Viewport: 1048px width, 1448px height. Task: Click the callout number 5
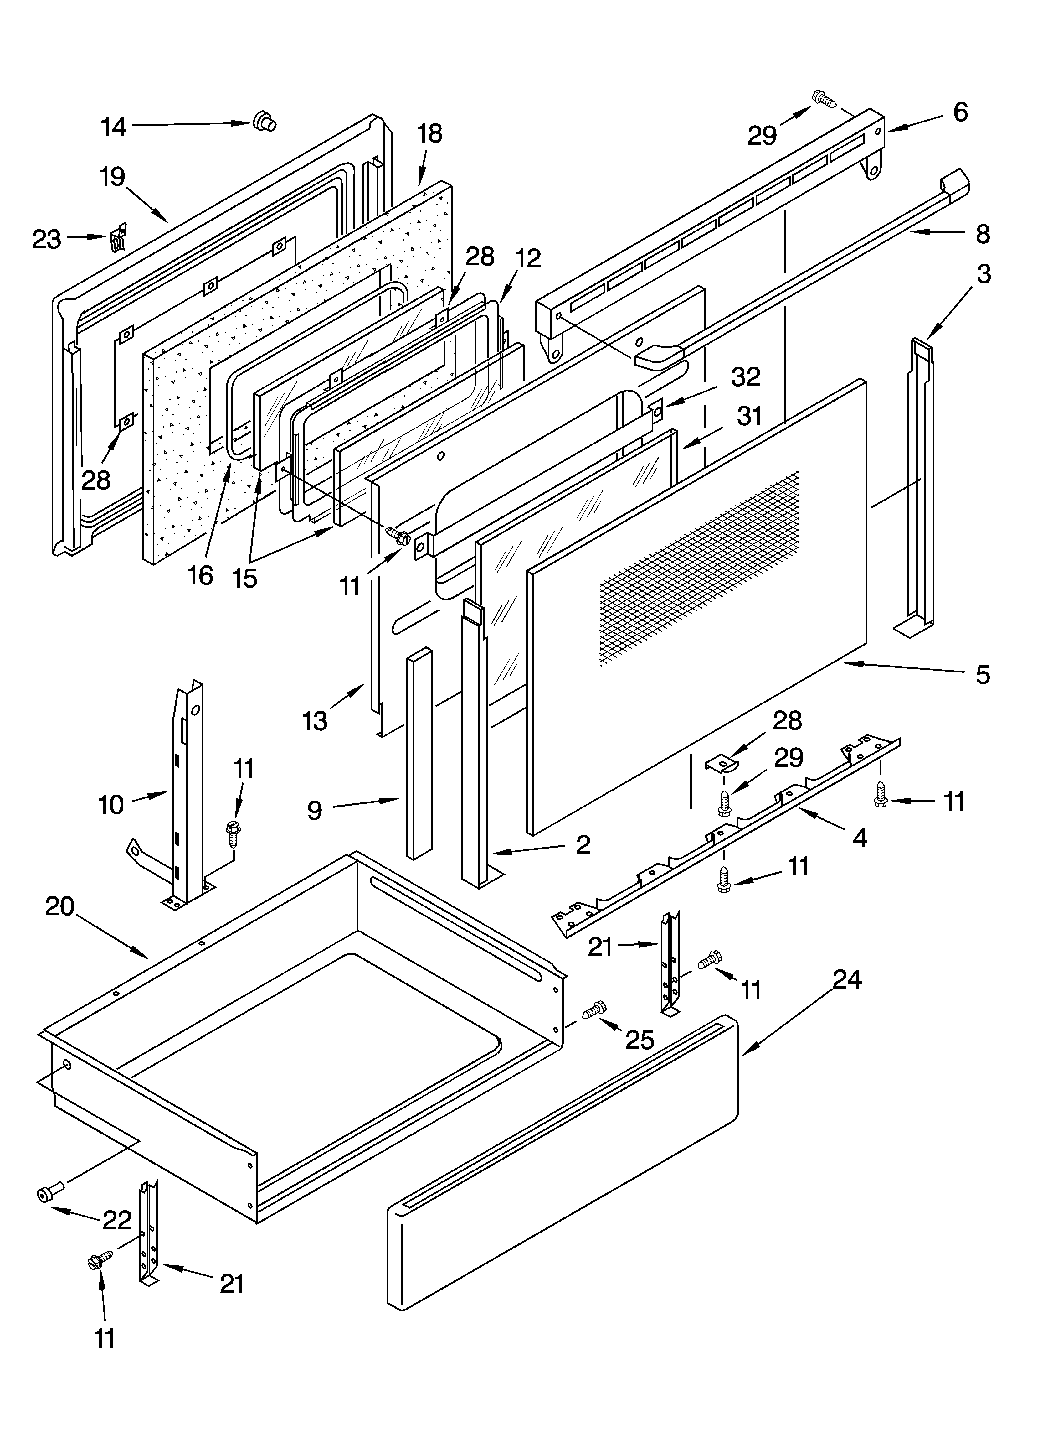pos(983,675)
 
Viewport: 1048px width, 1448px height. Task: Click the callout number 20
pos(60,906)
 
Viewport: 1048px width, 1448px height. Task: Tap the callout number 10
pos(111,805)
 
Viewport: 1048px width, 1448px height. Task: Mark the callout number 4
pos(860,838)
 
